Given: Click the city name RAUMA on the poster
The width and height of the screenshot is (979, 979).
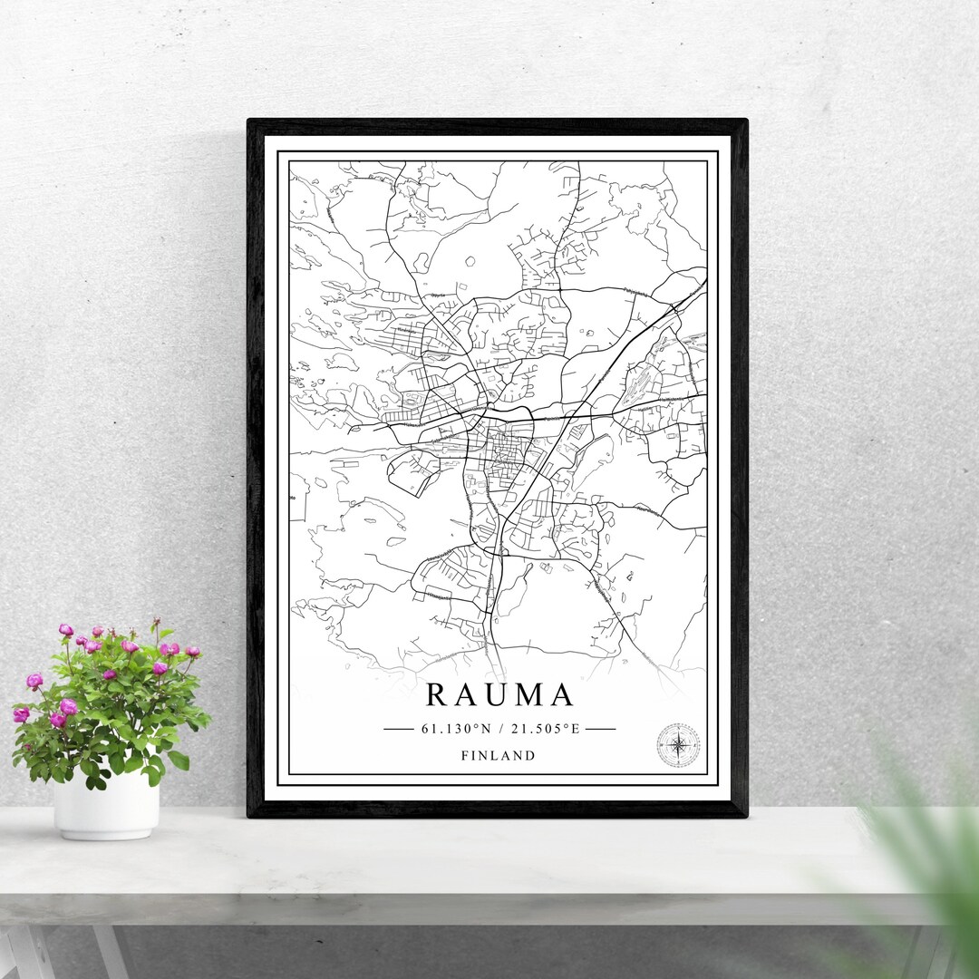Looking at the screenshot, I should pos(499,695).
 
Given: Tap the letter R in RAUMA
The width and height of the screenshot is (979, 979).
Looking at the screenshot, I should pos(435,695).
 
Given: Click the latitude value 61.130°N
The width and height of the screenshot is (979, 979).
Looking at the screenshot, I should pos(454,728).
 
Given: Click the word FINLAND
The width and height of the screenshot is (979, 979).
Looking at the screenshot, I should pos(498,755).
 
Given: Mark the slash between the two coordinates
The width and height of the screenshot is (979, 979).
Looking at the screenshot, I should pos(500,728).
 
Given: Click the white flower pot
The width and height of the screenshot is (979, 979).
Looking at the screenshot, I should pos(106,805).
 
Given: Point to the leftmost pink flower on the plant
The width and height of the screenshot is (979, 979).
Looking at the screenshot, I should pos(21,714).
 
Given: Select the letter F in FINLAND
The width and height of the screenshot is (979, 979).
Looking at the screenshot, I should pos(464,755).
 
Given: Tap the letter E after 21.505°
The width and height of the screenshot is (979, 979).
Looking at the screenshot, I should pos(575,728).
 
